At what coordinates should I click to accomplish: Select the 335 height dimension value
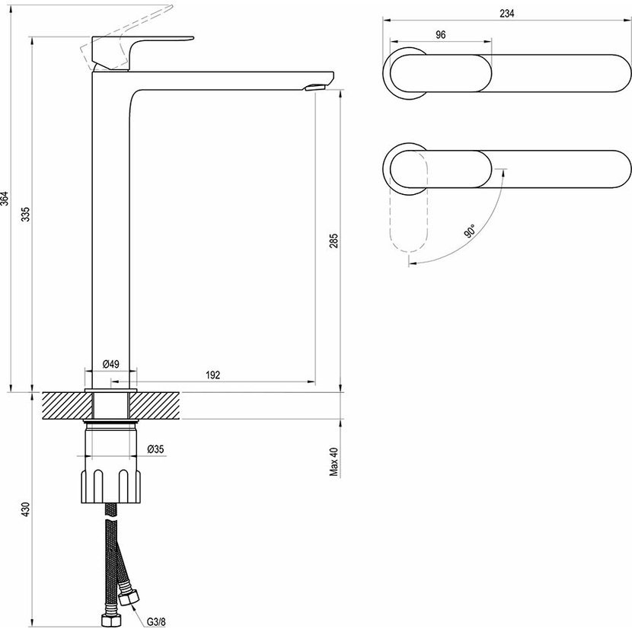(x=26, y=214)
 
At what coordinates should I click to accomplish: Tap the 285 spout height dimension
(x=334, y=241)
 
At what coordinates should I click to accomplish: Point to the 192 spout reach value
(x=212, y=375)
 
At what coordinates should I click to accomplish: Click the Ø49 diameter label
(x=111, y=364)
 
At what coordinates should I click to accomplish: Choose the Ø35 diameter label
(x=156, y=449)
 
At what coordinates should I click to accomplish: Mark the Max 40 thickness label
(x=334, y=462)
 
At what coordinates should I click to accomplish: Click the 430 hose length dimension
(x=26, y=510)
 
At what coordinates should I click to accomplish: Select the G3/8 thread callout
(x=156, y=622)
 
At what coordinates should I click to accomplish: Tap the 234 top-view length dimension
(x=507, y=13)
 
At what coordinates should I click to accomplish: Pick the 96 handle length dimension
(x=441, y=35)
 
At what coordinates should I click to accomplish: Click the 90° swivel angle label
(x=470, y=231)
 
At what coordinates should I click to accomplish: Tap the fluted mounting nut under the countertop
(x=111, y=486)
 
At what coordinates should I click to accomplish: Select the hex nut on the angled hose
(x=129, y=597)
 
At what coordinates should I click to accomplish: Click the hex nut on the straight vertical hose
(x=108, y=619)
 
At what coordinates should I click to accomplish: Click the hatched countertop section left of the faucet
(x=67, y=406)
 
